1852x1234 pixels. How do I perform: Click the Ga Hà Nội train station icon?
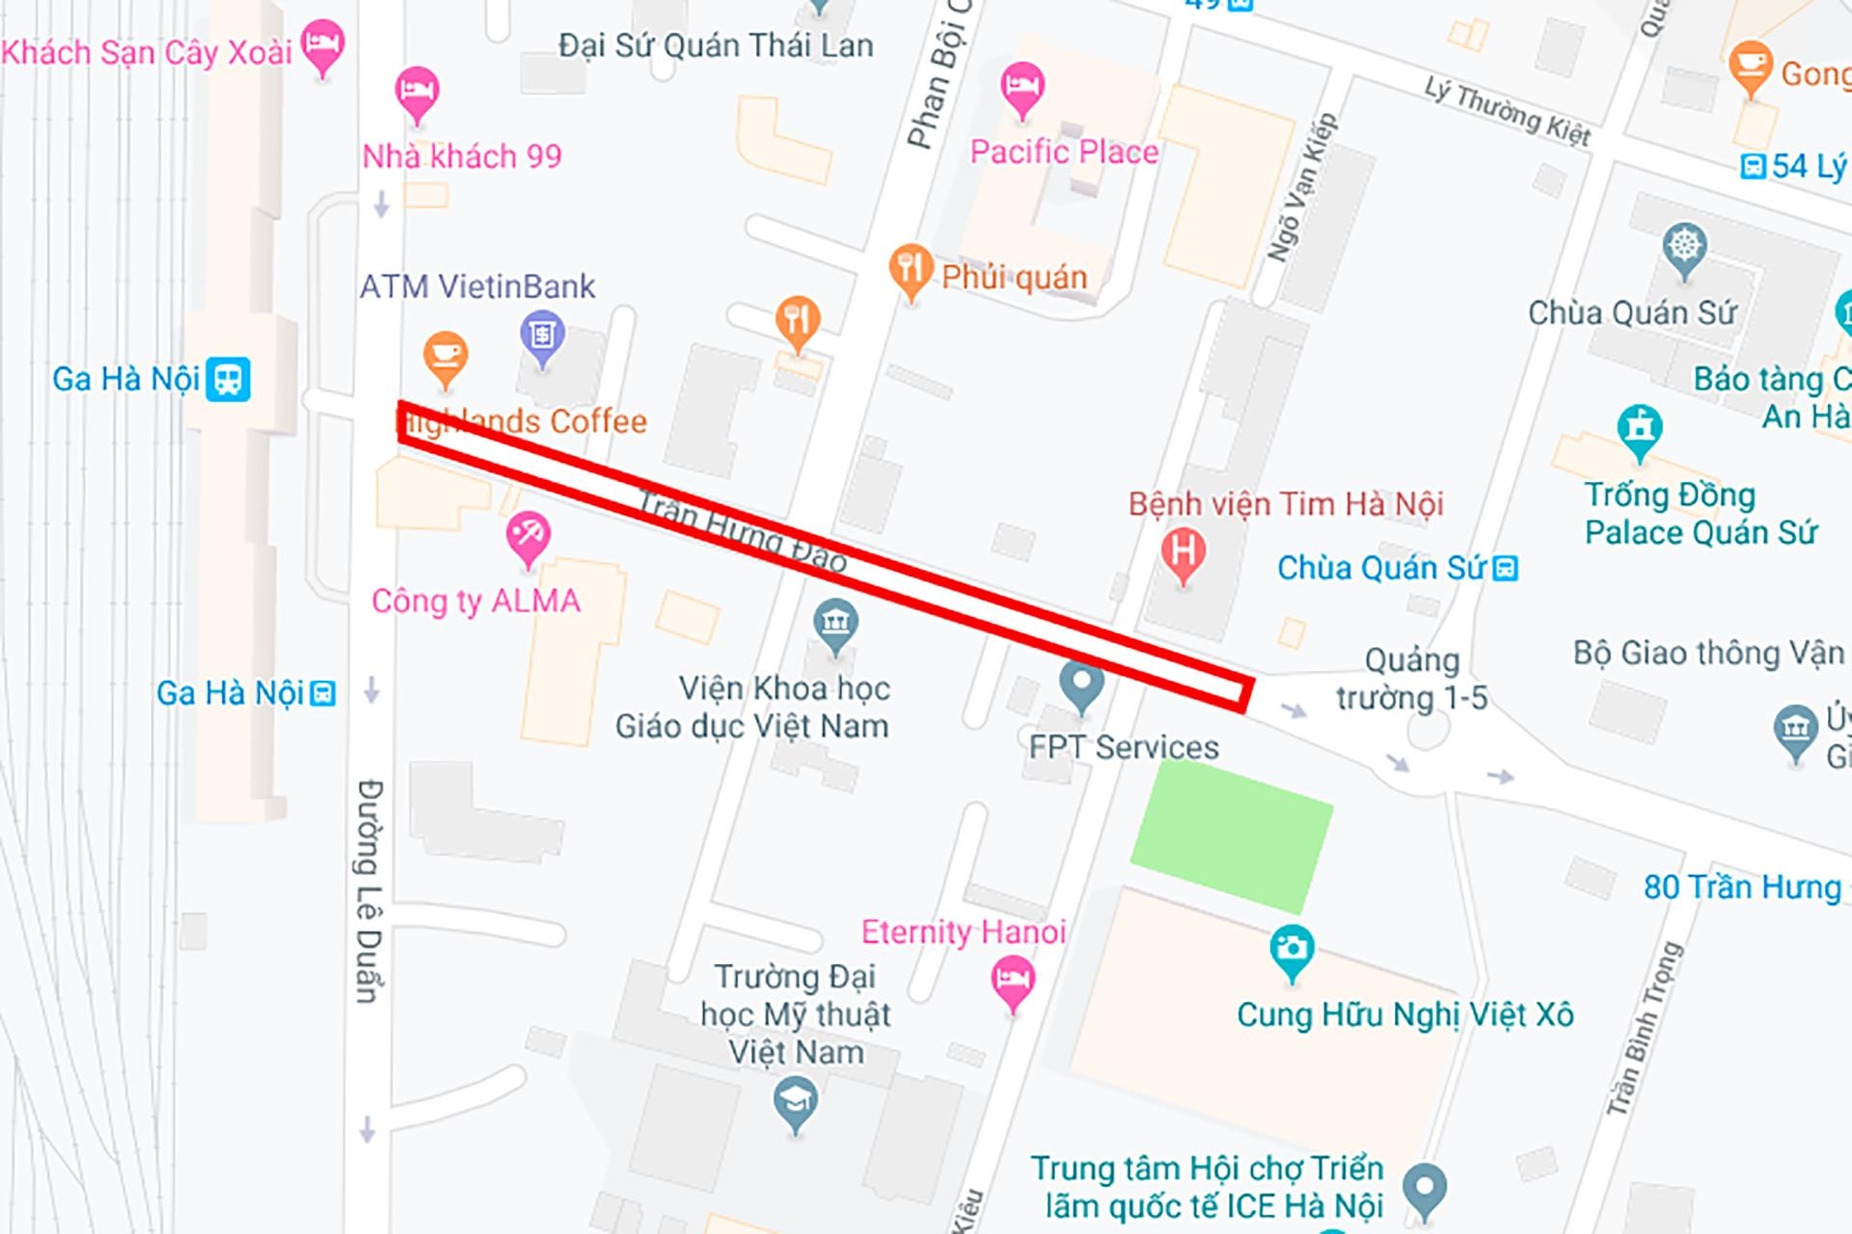(x=228, y=379)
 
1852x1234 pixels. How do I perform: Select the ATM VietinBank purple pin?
(x=542, y=336)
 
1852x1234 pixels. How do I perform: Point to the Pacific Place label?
(x=1064, y=152)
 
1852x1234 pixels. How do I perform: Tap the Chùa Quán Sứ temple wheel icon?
(x=1684, y=247)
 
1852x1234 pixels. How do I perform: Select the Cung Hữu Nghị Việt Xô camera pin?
(x=1291, y=950)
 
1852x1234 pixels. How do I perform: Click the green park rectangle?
(x=1231, y=835)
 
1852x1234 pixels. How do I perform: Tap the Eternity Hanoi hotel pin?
(x=1012, y=980)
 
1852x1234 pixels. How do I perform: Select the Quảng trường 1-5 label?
(x=1411, y=679)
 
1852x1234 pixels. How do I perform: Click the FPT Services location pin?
(x=1080, y=684)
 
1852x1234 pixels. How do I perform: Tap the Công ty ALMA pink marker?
(x=528, y=536)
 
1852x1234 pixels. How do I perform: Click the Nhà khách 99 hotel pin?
(x=417, y=93)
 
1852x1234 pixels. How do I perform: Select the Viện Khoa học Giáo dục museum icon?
(x=835, y=624)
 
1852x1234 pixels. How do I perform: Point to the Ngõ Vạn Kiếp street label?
(x=1301, y=187)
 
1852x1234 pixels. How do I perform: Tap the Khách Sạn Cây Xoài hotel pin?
(x=322, y=44)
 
